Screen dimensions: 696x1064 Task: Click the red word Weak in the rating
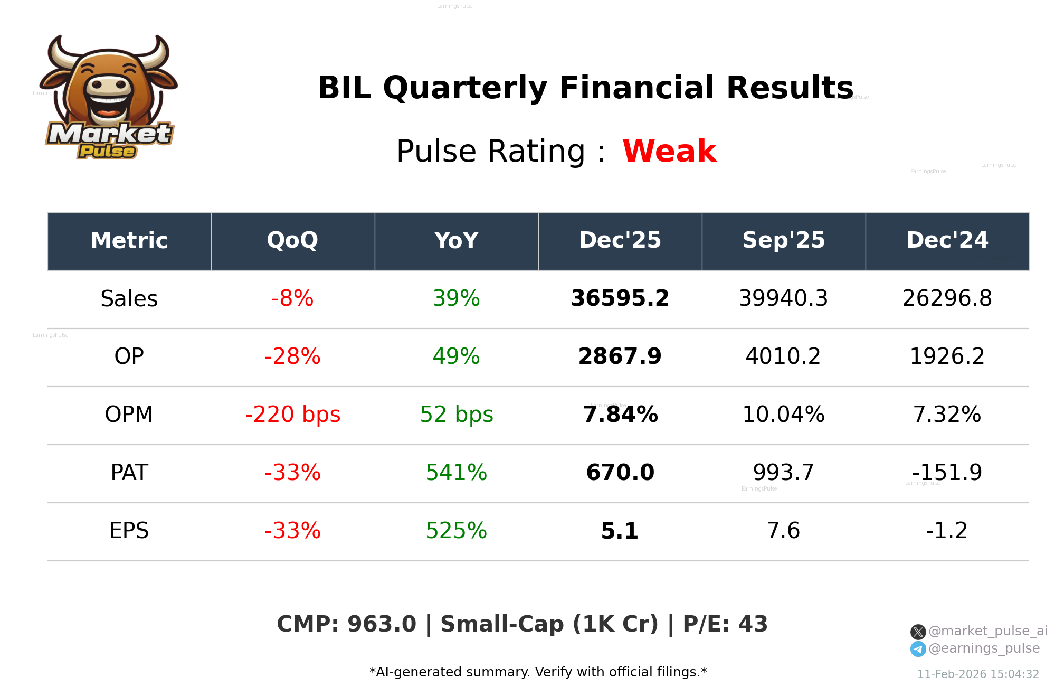(669, 151)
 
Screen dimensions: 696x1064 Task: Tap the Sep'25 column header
(783, 240)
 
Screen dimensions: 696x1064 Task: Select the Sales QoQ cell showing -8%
(292, 298)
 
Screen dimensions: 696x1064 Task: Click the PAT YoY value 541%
(456, 473)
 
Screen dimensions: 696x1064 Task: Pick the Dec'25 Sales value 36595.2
(620, 298)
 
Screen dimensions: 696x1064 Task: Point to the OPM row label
(129, 415)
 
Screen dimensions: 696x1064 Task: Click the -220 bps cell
(292, 415)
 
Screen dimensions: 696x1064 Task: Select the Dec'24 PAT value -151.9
(947, 473)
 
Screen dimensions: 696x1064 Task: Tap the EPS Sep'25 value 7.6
(783, 531)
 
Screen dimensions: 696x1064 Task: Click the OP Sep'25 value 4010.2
(783, 356)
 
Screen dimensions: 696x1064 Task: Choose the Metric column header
(129, 240)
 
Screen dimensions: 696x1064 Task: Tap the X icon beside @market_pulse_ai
(918, 632)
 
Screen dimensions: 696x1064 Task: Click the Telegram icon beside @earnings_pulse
(918, 649)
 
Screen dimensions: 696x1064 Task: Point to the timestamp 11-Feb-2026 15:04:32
(977, 674)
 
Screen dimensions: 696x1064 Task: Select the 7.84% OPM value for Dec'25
(620, 415)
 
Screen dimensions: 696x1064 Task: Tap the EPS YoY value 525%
(456, 531)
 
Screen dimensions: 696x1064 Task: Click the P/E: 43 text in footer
(725, 624)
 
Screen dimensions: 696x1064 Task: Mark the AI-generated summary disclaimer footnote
(538, 672)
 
